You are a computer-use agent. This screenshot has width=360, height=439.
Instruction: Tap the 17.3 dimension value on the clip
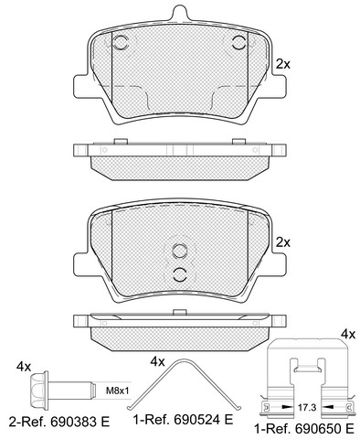306,407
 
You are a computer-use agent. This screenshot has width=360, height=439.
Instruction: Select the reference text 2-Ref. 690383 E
59,422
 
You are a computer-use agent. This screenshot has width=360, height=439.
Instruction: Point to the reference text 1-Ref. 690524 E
183,420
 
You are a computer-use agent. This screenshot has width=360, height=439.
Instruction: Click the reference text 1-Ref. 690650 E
304,429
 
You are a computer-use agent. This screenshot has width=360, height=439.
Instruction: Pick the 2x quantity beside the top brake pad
283,64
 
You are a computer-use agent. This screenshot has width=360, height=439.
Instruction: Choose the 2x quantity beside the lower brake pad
283,242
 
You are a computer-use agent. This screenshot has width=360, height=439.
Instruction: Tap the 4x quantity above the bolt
24,367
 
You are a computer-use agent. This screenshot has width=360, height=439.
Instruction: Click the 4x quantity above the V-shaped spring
157,362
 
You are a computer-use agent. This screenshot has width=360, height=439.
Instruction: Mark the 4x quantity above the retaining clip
348,335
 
